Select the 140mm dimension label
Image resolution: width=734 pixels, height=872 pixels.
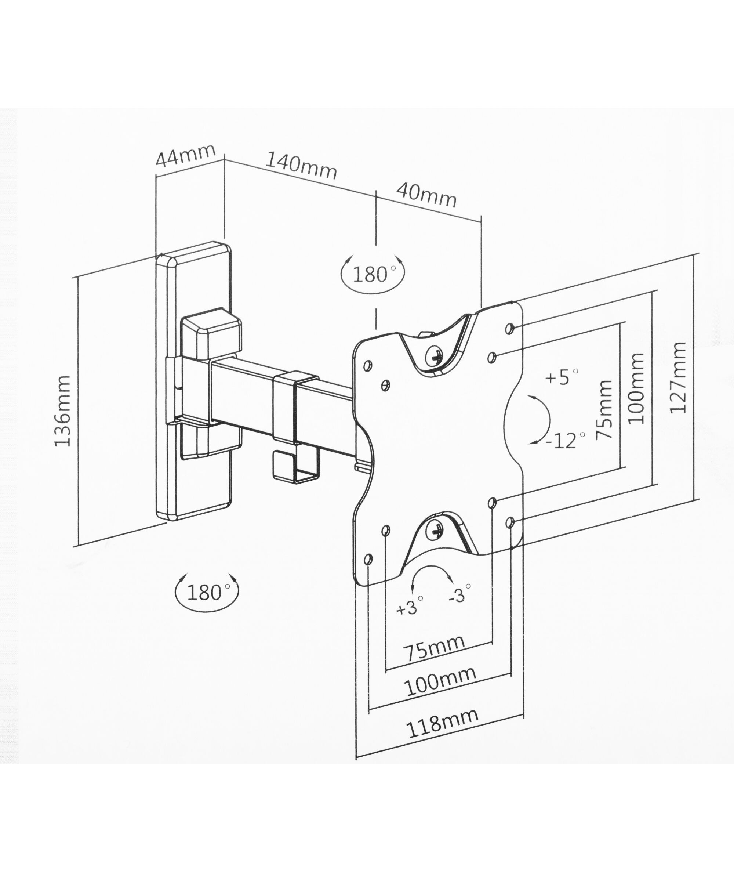(301, 165)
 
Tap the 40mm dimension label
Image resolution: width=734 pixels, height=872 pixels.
(426, 195)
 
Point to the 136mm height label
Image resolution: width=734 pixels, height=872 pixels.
(62, 411)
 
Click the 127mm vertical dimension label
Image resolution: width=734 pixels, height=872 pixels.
(677, 377)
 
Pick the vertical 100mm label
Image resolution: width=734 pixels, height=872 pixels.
(635, 388)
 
